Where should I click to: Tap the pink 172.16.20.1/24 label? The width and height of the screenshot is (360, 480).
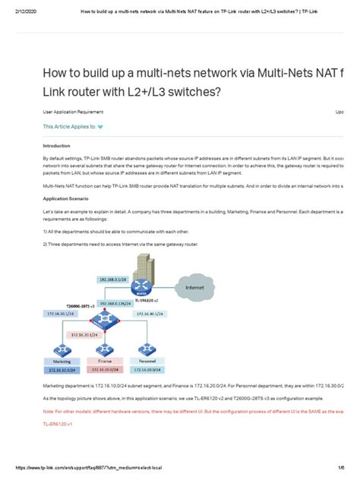(x=85, y=333)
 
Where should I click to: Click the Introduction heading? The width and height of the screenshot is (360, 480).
(x=57, y=146)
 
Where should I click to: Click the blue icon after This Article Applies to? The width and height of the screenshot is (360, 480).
(x=100, y=127)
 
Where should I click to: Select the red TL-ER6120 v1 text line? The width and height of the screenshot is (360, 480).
(x=57, y=423)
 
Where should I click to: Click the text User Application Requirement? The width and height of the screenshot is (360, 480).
(x=72, y=111)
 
